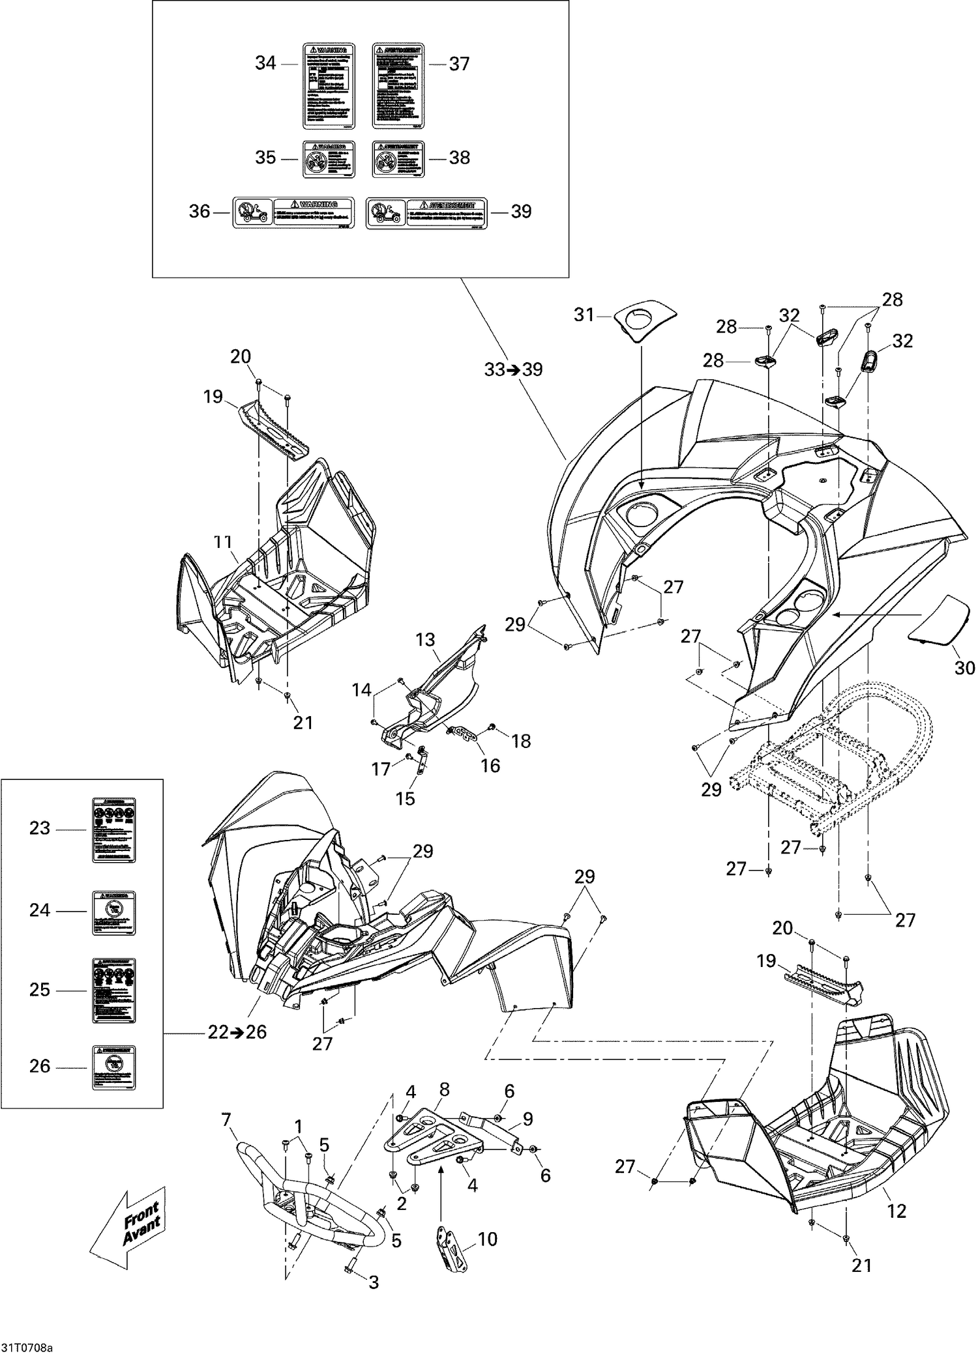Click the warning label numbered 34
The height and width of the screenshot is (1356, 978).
point(330,86)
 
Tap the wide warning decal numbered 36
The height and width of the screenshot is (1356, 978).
point(294,212)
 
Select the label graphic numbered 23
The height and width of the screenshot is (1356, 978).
point(113,829)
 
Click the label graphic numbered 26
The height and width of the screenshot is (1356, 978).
point(113,1067)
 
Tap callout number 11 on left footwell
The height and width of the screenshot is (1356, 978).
point(223,540)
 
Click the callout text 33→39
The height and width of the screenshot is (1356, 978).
point(514,369)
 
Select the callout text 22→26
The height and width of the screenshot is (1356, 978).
point(238,1032)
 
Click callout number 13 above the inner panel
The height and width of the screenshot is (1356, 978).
point(425,640)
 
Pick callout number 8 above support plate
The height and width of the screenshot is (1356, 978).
point(444,1107)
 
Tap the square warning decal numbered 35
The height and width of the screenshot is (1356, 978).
point(330,159)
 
